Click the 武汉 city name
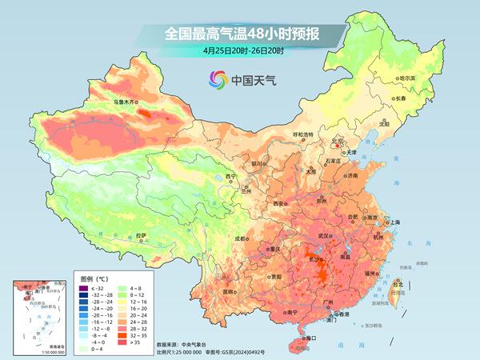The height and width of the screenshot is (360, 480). (323, 236)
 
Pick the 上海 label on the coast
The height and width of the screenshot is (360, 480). (393, 222)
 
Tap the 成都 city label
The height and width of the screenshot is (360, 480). (241, 238)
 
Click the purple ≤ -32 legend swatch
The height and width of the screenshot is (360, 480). (82, 287)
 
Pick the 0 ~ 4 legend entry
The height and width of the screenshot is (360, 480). (82, 349)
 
